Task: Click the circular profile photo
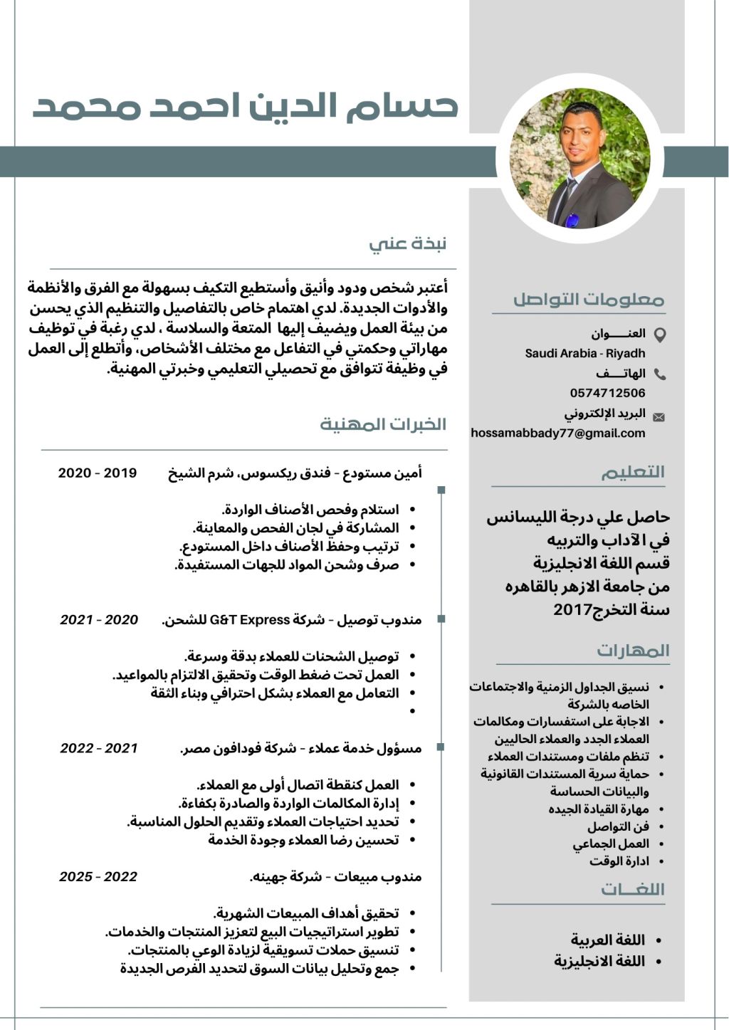coord(579,158)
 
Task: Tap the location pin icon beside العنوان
coord(660,335)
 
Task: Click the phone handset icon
coord(660,374)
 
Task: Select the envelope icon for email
coord(659,417)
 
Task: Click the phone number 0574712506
coord(607,393)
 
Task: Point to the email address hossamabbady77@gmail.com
coord(558,433)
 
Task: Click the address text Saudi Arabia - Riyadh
coord(585,353)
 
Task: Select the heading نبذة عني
coord(408,243)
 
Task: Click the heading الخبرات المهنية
coord(383,424)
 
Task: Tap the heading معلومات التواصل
coord(588,299)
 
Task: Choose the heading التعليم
coord(632,472)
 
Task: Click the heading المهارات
coord(633,651)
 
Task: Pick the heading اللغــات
coord(632,889)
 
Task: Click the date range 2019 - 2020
coord(98,473)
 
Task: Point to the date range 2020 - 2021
coord(99,620)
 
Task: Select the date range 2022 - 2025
coord(98,877)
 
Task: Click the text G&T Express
coord(250,620)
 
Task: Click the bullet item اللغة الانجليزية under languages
coord(599,961)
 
